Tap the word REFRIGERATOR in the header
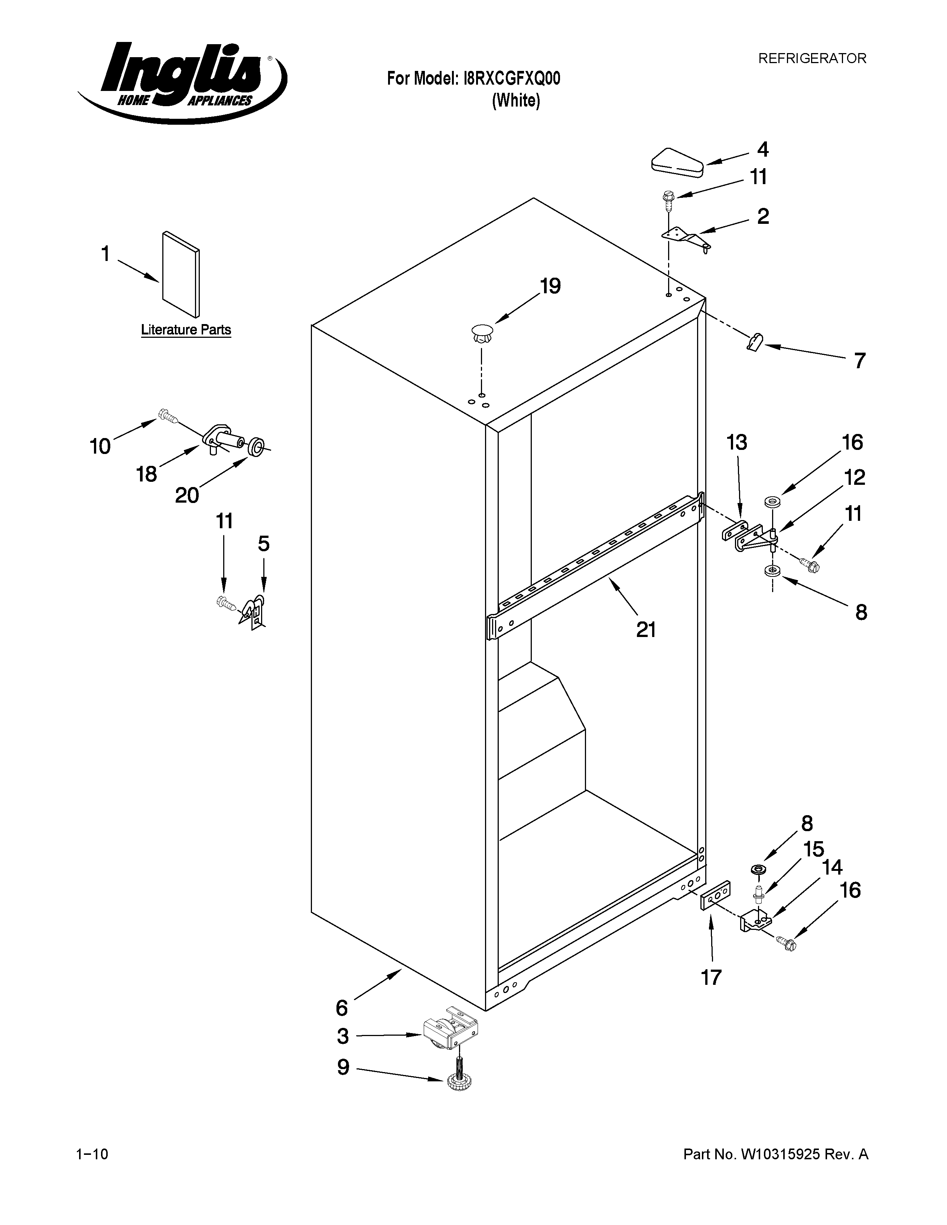tap(812, 58)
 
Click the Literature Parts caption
tap(186, 330)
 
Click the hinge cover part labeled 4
tap(677, 162)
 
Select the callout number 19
tap(550, 286)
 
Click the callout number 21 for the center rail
tap(646, 630)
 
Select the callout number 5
tap(264, 543)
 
